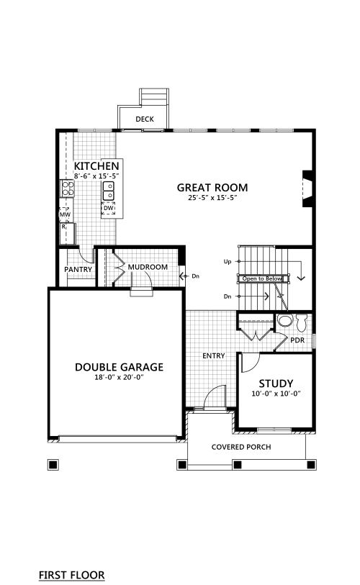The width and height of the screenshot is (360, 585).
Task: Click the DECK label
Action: tap(145, 119)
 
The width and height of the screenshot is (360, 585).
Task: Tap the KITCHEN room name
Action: tap(96, 166)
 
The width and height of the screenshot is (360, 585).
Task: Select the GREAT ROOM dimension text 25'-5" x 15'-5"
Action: tap(213, 198)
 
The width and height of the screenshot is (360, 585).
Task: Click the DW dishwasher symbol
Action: tap(108, 208)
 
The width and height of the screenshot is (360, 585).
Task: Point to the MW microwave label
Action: tap(65, 215)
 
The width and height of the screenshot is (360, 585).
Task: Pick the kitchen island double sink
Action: tap(108, 191)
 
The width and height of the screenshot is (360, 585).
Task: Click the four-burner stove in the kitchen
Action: tap(67, 189)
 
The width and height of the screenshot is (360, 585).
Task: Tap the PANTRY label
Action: tap(78, 269)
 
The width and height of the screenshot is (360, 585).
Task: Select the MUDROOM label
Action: tap(148, 267)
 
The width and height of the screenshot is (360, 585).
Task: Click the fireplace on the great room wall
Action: tap(307, 189)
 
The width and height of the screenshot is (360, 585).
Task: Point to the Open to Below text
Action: tap(262, 278)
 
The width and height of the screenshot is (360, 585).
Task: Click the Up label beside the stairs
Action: tap(228, 262)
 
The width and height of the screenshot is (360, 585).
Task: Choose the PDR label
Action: tap(297, 340)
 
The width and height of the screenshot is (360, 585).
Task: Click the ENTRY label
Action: tap(214, 356)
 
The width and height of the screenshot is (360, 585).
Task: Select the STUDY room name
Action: tap(276, 384)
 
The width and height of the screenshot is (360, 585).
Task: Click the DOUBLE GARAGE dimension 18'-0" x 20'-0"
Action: tap(119, 378)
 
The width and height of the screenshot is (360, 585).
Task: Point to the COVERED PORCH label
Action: tap(241, 447)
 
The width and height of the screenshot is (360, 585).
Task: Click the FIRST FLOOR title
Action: tap(72, 575)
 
